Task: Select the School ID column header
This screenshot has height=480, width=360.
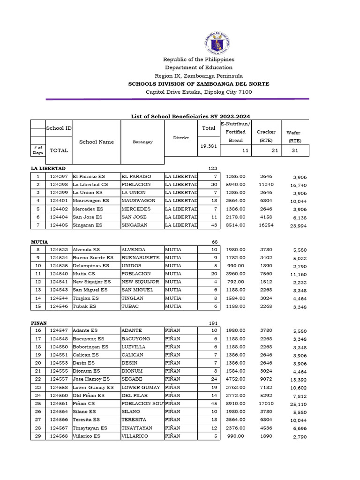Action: point(59,128)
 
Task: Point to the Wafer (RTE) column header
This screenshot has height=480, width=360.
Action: point(294,136)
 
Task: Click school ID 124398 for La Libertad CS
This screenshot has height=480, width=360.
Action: point(59,185)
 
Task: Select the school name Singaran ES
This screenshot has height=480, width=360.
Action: point(87,225)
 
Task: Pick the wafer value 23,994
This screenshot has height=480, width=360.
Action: point(296,226)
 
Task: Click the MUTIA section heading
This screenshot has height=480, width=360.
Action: point(39,241)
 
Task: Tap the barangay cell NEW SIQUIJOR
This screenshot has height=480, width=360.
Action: point(140,282)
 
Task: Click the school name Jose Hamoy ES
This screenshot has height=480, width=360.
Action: point(91,379)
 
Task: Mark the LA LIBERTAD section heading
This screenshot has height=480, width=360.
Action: point(48,168)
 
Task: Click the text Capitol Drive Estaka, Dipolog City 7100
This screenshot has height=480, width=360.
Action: point(198,92)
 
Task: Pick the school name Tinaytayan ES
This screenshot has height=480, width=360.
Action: point(90,427)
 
